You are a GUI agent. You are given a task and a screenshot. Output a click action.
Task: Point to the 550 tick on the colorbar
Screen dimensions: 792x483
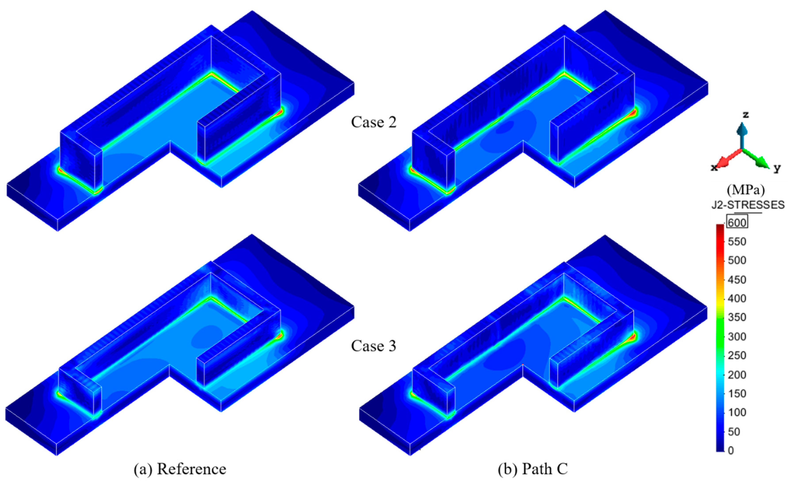click(737, 242)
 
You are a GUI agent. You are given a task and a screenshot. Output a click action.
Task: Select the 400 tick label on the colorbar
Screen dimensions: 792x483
click(737, 299)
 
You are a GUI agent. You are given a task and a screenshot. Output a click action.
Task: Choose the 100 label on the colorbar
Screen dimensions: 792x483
click(737, 413)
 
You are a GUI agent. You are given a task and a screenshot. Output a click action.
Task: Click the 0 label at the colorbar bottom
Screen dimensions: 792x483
click(731, 450)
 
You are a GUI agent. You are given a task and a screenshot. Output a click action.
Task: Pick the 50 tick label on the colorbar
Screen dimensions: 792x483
click(734, 431)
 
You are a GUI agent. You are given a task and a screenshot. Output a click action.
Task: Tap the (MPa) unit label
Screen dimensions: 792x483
click(746, 190)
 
